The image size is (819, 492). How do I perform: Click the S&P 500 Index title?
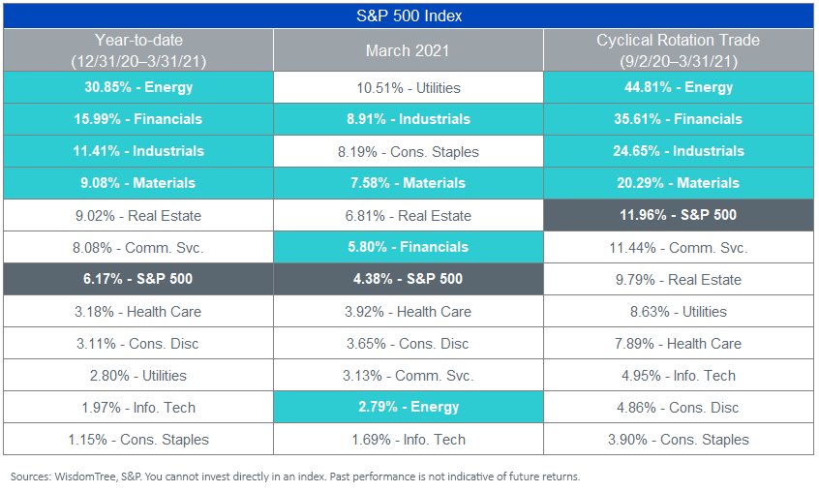tap(409, 15)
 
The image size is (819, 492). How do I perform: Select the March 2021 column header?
tap(408, 50)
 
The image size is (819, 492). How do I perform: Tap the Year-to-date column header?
tap(138, 50)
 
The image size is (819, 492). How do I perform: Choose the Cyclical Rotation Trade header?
tap(679, 50)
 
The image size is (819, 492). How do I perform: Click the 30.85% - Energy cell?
tap(138, 87)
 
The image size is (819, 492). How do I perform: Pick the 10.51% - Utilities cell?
tap(409, 87)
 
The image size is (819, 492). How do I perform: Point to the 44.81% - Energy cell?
tap(679, 87)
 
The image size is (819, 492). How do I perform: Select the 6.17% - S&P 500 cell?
tap(138, 279)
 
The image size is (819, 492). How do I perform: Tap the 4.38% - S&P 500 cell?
tap(409, 279)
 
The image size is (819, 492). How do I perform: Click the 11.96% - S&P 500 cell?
tap(679, 215)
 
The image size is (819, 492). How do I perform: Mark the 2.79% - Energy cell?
tap(409, 407)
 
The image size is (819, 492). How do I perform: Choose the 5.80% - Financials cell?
tap(409, 247)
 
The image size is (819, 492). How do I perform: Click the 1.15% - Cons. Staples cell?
tap(138, 440)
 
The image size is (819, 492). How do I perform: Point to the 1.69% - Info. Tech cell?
tap(409, 440)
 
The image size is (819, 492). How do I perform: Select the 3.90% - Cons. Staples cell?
tap(679, 440)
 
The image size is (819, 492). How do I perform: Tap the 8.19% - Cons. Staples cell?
tap(409, 151)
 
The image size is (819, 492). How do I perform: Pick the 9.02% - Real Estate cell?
tap(138, 215)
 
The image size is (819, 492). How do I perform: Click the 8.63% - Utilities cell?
tap(679, 311)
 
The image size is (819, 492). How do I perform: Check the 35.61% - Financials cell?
tap(679, 119)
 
